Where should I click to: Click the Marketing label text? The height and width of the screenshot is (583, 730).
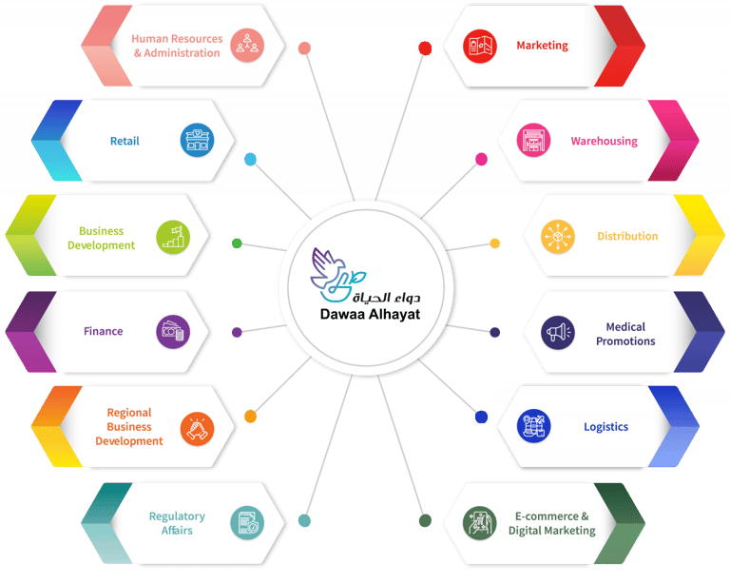542,45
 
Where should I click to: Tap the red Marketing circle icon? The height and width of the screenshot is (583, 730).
481,45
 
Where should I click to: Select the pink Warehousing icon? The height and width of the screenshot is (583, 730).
534,141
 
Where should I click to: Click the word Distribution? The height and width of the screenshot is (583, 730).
627,236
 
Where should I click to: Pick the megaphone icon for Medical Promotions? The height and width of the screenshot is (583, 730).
558,332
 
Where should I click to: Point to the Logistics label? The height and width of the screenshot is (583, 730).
605,427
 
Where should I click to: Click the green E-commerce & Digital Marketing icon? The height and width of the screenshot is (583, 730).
480,522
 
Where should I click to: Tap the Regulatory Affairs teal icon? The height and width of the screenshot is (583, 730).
246,522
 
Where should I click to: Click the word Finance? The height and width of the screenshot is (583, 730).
103,331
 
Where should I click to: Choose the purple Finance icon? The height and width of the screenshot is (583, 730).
173,331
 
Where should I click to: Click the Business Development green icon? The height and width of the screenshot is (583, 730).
173,236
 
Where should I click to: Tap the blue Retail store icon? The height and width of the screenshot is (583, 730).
197,141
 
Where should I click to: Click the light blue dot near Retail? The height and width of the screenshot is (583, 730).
250,159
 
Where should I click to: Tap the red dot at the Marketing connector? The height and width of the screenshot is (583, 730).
425,48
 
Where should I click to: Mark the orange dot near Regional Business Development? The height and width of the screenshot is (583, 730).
250,416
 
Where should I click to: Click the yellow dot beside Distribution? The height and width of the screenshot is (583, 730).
495,243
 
